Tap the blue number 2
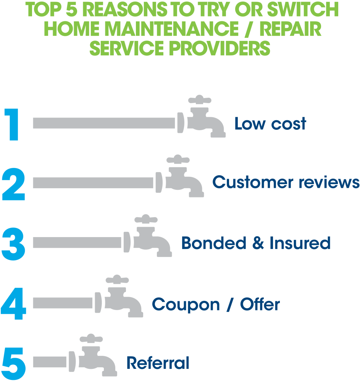pos(13,184)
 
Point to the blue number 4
pos(13,304)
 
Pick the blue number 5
pos(13,363)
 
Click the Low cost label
pos(270,124)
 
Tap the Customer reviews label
pos(286,182)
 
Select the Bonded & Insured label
pos(256,243)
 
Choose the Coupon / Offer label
pos(216,304)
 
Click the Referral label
pos(158,363)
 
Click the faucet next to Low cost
pos(202,118)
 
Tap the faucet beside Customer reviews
pos(181,178)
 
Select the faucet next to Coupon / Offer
pos(120,298)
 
